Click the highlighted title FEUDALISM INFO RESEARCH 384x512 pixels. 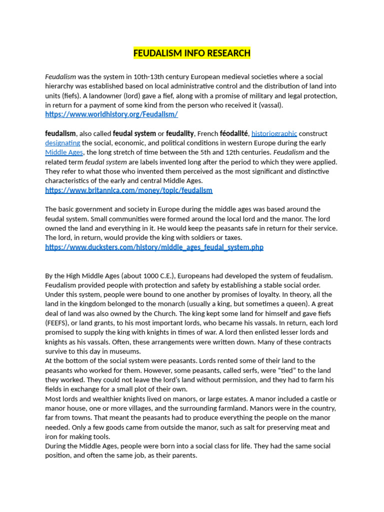(192, 53)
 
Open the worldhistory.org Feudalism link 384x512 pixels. (111, 114)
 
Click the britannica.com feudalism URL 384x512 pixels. (128, 190)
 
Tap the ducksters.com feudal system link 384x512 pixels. (154, 247)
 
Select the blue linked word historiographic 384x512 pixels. (274, 133)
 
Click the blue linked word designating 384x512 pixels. (62, 143)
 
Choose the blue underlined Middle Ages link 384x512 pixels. (64, 152)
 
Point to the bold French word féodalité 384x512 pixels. (233, 133)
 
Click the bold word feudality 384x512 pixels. (180, 133)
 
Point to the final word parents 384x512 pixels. (184, 455)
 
